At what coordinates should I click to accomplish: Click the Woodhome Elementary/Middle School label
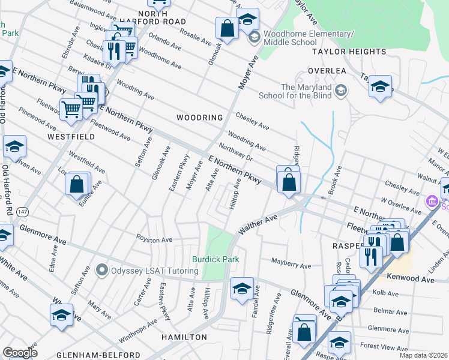(x=292, y=38)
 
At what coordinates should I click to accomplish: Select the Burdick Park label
(x=215, y=259)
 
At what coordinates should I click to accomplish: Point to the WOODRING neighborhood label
(x=200, y=118)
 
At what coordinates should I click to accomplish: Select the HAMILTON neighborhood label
(x=184, y=337)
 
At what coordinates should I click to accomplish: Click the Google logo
(x=20, y=353)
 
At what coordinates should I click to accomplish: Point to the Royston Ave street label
(x=154, y=240)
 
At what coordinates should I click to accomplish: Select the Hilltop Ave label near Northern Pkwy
(x=236, y=193)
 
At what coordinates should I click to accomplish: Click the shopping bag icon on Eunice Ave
(x=77, y=184)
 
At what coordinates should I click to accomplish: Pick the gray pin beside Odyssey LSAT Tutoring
(x=102, y=271)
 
